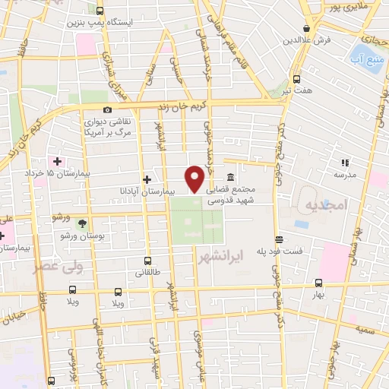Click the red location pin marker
tap(195, 179)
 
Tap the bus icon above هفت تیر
tap(297, 77)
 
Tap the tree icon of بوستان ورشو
tap(82, 223)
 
